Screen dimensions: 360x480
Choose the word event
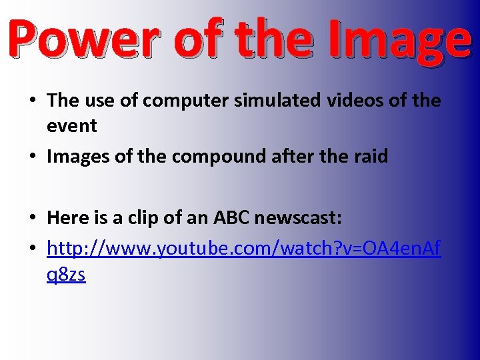pyautogui.click(x=71, y=125)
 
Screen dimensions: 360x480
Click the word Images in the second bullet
pyautogui.click(x=77, y=157)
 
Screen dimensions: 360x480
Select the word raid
pyautogui.click(x=371, y=157)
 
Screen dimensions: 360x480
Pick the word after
pyautogui.click(x=294, y=157)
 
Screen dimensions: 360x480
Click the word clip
pyautogui.click(x=151, y=218)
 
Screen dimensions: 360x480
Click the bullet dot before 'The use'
pyautogui.click(x=31, y=101)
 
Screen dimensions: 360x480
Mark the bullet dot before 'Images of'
pyautogui.click(x=31, y=157)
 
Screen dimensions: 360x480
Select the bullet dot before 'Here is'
pyautogui.click(x=31, y=219)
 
